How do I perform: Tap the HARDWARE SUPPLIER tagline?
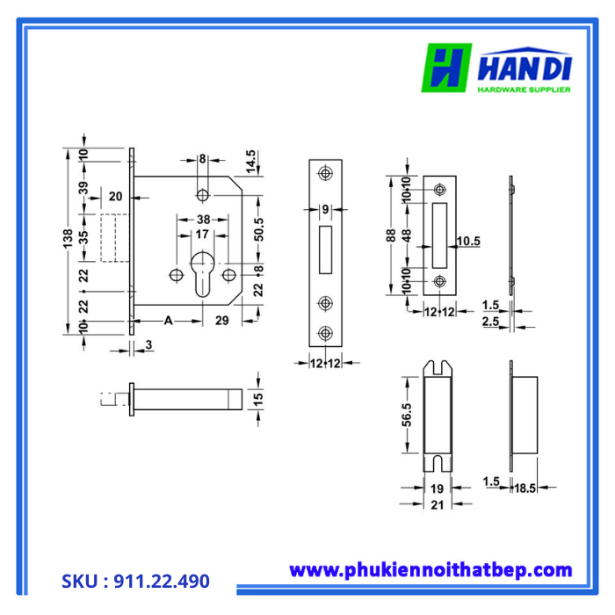coord(524,89)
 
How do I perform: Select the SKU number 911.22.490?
coord(135,582)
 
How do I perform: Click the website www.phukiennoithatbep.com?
coord(430,570)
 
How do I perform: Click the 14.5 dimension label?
coord(251,163)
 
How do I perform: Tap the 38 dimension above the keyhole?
coord(203,220)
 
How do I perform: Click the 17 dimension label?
coord(202,235)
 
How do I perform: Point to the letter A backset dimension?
coord(168,321)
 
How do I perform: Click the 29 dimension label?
coord(222,321)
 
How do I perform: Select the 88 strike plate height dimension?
coord(391,235)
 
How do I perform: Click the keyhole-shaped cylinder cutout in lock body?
coord(202,271)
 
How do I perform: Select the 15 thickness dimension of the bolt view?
coord(258,400)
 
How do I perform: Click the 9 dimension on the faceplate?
coord(325,209)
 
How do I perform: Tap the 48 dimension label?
coord(407,235)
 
